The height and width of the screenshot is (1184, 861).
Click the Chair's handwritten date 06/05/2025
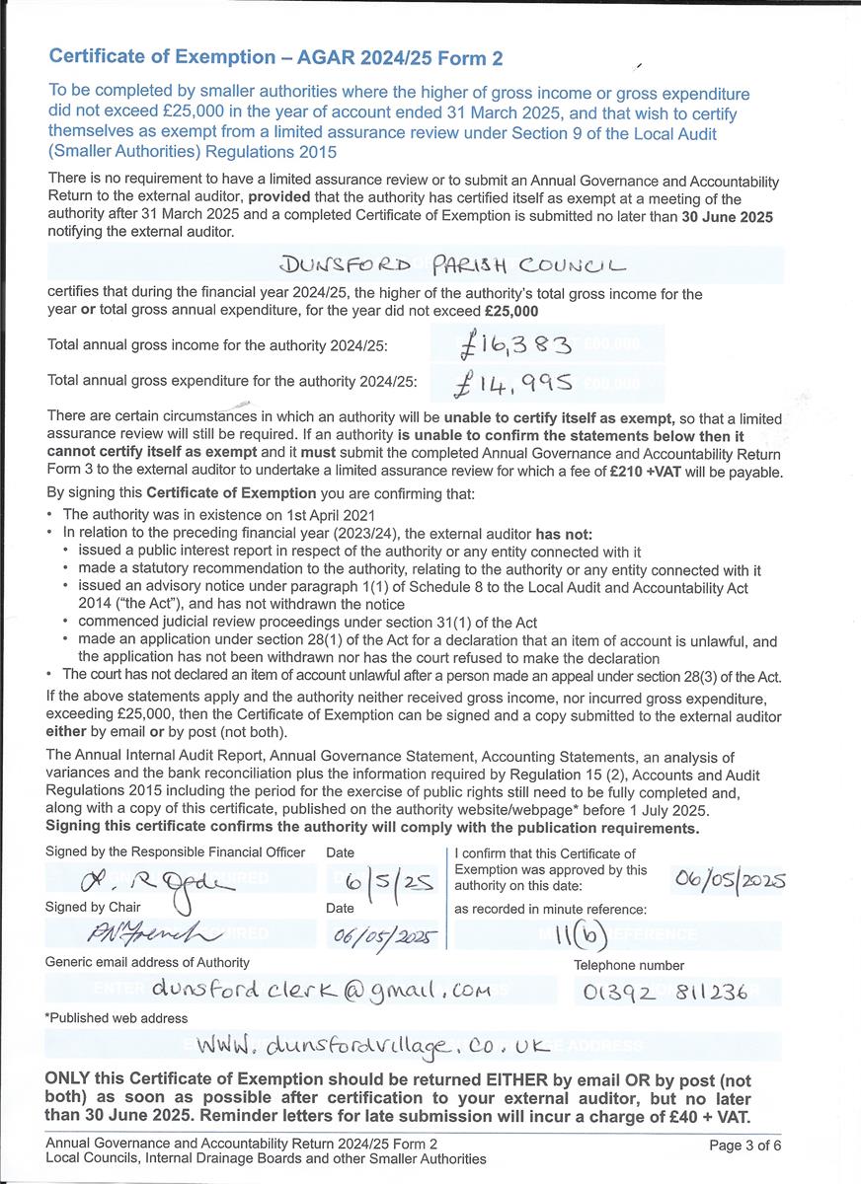tap(380, 934)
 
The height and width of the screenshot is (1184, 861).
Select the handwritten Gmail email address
tap(321, 990)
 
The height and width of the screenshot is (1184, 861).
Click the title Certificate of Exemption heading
tap(275, 58)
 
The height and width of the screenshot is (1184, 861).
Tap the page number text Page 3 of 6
tap(745, 1145)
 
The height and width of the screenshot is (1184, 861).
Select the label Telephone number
tap(629, 965)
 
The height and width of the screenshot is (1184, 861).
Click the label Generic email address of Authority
tap(147, 962)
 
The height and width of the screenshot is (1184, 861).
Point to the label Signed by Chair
tap(93, 907)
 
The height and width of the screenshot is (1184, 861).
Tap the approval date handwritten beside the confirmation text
tap(728, 879)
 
